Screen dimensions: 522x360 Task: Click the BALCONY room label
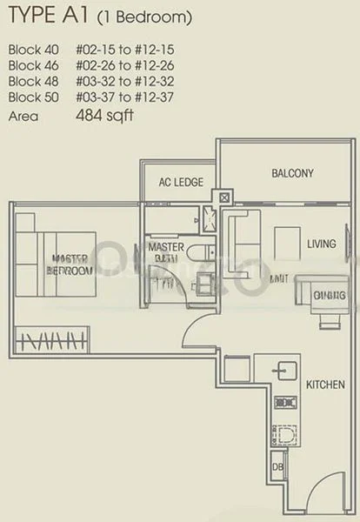point(292,174)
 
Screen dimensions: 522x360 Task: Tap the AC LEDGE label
point(181,183)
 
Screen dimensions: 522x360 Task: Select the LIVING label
point(321,244)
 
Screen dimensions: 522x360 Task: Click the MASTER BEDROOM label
point(70,264)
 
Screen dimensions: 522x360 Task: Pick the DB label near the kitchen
point(278,467)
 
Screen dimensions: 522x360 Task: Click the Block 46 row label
point(31,65)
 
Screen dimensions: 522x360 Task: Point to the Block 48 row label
point(31,81)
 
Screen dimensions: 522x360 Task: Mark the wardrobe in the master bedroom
point(51,337)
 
